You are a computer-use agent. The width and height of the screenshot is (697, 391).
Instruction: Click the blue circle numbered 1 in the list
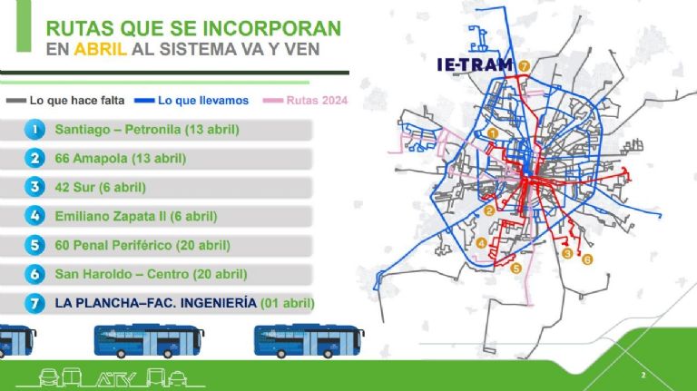34,130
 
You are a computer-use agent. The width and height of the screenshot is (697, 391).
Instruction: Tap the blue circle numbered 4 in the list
34,216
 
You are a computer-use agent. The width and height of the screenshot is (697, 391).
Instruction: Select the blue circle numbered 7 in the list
34,303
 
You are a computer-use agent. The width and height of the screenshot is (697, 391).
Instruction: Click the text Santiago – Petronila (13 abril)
147,130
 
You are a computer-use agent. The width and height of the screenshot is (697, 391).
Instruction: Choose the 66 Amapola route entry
121,159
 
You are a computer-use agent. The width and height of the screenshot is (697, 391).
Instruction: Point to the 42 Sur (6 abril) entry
101,188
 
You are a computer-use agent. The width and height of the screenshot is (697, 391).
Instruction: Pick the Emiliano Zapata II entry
136,217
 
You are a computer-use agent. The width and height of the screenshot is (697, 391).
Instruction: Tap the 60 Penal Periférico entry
142,245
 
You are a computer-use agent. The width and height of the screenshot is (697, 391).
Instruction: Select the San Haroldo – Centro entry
152,274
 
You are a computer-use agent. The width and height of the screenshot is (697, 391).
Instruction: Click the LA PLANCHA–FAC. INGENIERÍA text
156,303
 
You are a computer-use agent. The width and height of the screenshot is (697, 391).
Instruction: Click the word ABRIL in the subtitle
101,49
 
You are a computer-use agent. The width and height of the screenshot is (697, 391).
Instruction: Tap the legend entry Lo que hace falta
65,101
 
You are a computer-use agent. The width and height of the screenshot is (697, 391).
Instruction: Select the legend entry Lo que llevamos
191,101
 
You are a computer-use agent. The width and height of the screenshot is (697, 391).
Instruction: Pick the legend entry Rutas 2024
305,101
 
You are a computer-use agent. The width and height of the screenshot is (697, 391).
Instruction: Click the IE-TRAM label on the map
476,65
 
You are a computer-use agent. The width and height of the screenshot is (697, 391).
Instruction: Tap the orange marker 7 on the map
524,66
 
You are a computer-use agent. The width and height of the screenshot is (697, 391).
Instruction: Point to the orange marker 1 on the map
492,133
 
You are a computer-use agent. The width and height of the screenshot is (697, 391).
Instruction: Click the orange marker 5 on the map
515,268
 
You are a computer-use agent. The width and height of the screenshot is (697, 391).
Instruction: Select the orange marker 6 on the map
587,259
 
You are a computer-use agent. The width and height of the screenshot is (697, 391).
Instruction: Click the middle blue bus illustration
149,341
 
